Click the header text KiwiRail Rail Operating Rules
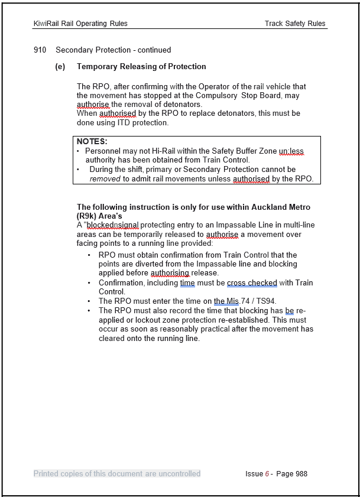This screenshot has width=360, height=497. pyautogui.click(x=80, y=24)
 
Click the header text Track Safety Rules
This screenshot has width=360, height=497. pyautogui.click(x=295, y=24)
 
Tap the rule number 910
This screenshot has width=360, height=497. pyautogui.click(x=40, y=50)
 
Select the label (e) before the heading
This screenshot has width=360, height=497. pyautogui.click(x=60, y=67)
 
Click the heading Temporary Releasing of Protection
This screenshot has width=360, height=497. pyautogui.click(x=141, y=67)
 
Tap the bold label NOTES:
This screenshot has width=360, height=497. pyautogui.click(x=92, y=142)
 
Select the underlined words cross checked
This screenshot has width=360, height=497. pyautogui.click(x=252, y=283)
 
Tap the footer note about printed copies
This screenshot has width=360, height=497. pyautogui.click(x=117, y=473)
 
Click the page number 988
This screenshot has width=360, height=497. pyautogui.click(x=300, y=473)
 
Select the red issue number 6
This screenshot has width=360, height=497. pyautogui.click(x=267, y=473)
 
